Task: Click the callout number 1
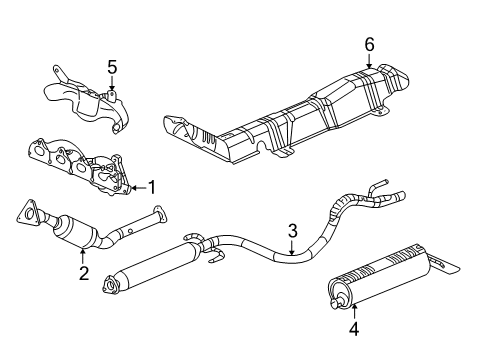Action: (152, 186)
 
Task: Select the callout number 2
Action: (84, 273)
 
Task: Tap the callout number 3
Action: (292, 232)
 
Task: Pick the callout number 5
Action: (112, 69)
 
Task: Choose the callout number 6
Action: (369, 44)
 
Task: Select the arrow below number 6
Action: (369, 62)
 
